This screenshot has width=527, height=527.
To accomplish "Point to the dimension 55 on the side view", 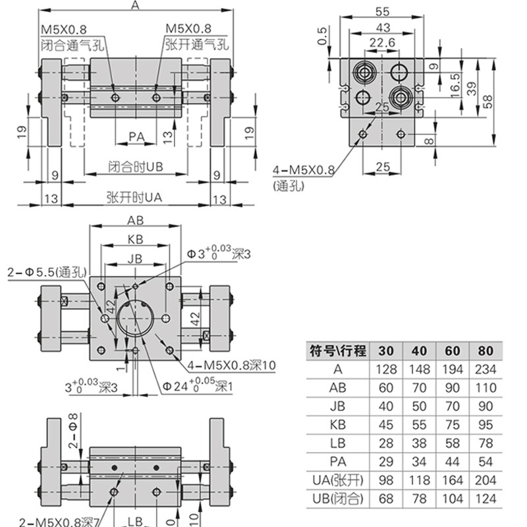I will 381,11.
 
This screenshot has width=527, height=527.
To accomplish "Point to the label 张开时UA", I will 134,197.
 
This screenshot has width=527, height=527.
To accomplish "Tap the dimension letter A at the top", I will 136,6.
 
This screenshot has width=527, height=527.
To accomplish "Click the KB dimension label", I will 135,239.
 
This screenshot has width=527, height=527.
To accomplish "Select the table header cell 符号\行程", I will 338,350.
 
